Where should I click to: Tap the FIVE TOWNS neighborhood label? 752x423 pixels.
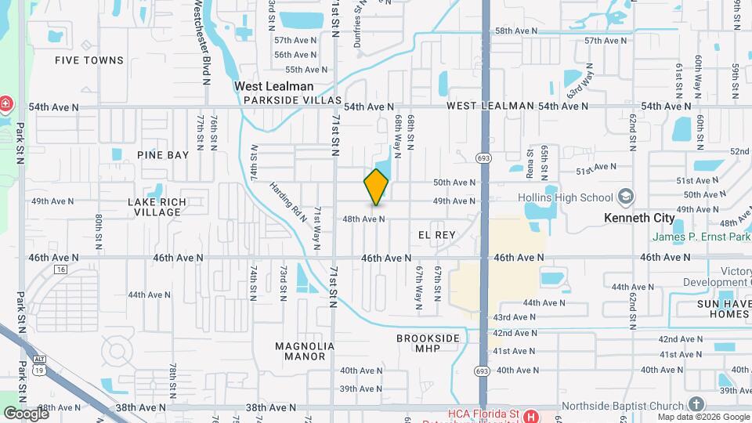89,60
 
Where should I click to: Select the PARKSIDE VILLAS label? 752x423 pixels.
293,100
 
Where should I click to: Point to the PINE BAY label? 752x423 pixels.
163,155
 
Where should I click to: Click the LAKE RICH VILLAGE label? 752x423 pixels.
157,207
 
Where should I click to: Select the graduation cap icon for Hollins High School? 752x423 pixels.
626,196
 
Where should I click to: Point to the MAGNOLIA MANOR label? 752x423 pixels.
305,351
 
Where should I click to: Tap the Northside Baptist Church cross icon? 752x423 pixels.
696,404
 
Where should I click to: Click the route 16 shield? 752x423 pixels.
60,269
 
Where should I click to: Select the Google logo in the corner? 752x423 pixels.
26,413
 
